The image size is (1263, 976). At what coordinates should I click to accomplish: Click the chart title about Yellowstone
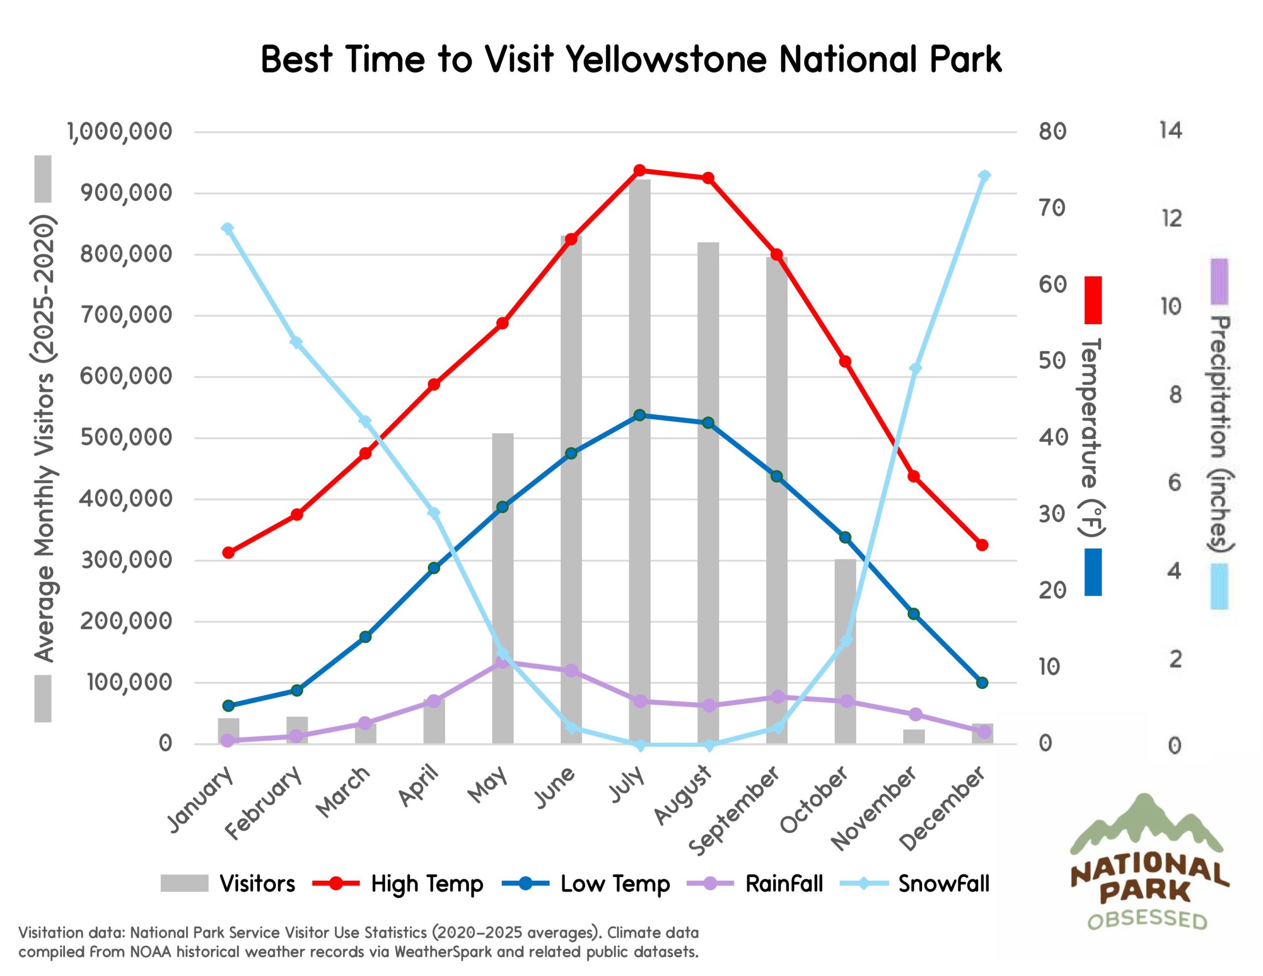(631, 60)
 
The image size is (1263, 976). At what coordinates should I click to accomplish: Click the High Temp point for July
(639, 170)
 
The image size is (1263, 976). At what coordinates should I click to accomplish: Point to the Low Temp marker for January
(228, 706)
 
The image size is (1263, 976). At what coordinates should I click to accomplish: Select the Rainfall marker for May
(503, 662)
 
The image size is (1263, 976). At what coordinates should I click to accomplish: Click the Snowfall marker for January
(228, 228)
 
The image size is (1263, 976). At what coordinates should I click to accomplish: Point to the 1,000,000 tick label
(120, 132)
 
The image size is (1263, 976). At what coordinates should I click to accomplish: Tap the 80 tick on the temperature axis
(1052, 132)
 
